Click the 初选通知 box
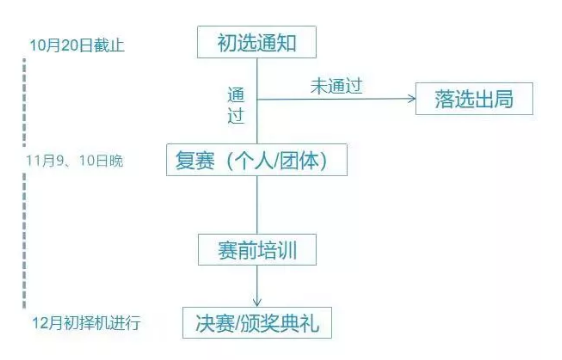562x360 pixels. click(x=257, y=43)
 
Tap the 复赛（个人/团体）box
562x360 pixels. click(x=257, y=160)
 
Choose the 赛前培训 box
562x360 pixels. click(x=257, y=248)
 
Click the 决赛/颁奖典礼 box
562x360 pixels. click(x=257, y=323)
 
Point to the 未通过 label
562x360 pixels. click(x=335, y=86)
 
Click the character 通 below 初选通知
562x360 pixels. click(x=237, y=96)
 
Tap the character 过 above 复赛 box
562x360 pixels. click(x=237, y=118)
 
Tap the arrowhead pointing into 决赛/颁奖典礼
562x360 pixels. click(x=257, y=301)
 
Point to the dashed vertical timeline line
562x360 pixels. click(x=23, y=200)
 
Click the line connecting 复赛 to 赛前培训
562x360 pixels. click(x=257, y=204)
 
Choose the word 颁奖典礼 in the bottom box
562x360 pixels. click(x=280, y=323)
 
